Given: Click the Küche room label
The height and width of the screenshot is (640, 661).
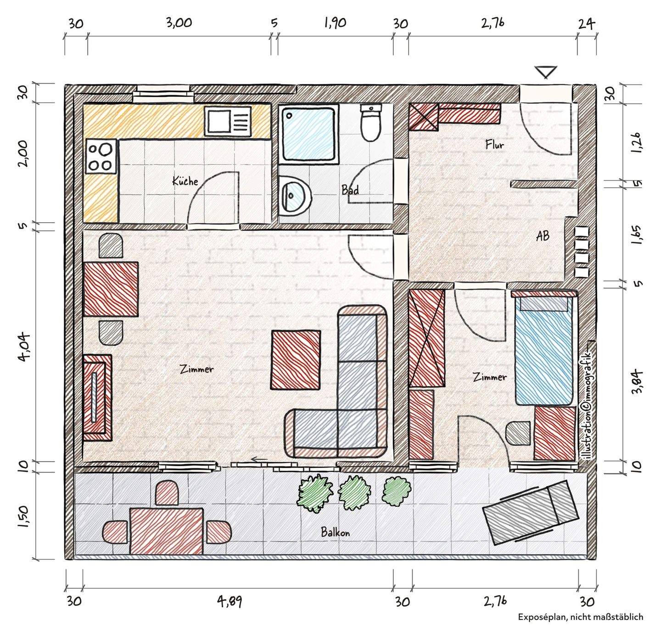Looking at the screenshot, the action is point(185,181).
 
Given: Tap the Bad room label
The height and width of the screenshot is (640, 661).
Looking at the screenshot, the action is point(350,190).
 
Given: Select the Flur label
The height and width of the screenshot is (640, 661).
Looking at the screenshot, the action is point(495,145).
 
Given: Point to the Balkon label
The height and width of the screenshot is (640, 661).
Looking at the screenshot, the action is point(335,532).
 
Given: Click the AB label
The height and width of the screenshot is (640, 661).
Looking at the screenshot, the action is point(543,236).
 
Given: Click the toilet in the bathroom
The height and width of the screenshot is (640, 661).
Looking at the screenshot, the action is point(371,123).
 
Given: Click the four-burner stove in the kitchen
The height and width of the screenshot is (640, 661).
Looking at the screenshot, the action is point(101,157).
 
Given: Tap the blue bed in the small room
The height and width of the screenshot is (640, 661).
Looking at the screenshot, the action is point(544,351).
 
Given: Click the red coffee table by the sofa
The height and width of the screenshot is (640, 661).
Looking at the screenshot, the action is point(296,360).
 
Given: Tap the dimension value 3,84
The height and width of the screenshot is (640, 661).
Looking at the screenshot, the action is point(637,382).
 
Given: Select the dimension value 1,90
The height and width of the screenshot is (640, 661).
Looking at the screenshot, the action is point(335,23).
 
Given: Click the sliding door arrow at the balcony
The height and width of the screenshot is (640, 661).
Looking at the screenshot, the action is point(259,460).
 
